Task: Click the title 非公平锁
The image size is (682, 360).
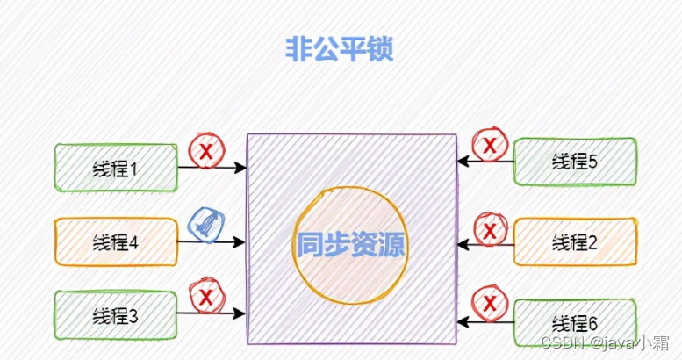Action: tap(338, 50)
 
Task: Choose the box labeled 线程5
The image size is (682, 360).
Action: tap(574, 161)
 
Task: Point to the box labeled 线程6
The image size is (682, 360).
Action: tap(574, 322)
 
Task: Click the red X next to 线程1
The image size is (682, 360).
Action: tap(205, 152)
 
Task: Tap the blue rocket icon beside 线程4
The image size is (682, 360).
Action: tap(205, 225)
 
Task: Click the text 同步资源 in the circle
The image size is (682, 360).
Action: tap(351, 243)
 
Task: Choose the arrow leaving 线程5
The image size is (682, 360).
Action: tap(485, 162)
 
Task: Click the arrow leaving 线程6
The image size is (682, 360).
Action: tap(485, 323)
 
